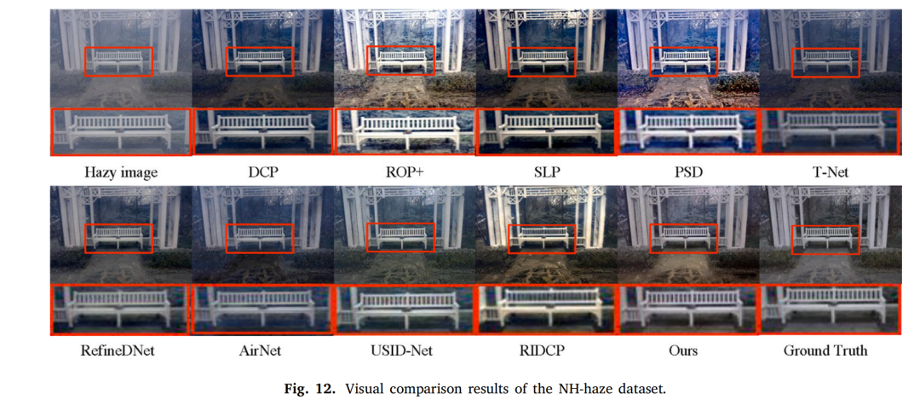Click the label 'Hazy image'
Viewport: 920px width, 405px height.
click(x=120, y=172)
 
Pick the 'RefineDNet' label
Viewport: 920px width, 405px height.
click(x=120, y=350)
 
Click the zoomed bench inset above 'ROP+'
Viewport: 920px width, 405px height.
click(x=404, y=133)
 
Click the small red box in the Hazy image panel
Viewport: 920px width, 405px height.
click(x=120, y=61)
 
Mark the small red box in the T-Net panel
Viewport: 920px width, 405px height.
click(x=825, y=61)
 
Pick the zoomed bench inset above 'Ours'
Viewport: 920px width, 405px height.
click(x=687, y=310)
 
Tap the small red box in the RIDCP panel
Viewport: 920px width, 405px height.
click(x=542, y=238)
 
